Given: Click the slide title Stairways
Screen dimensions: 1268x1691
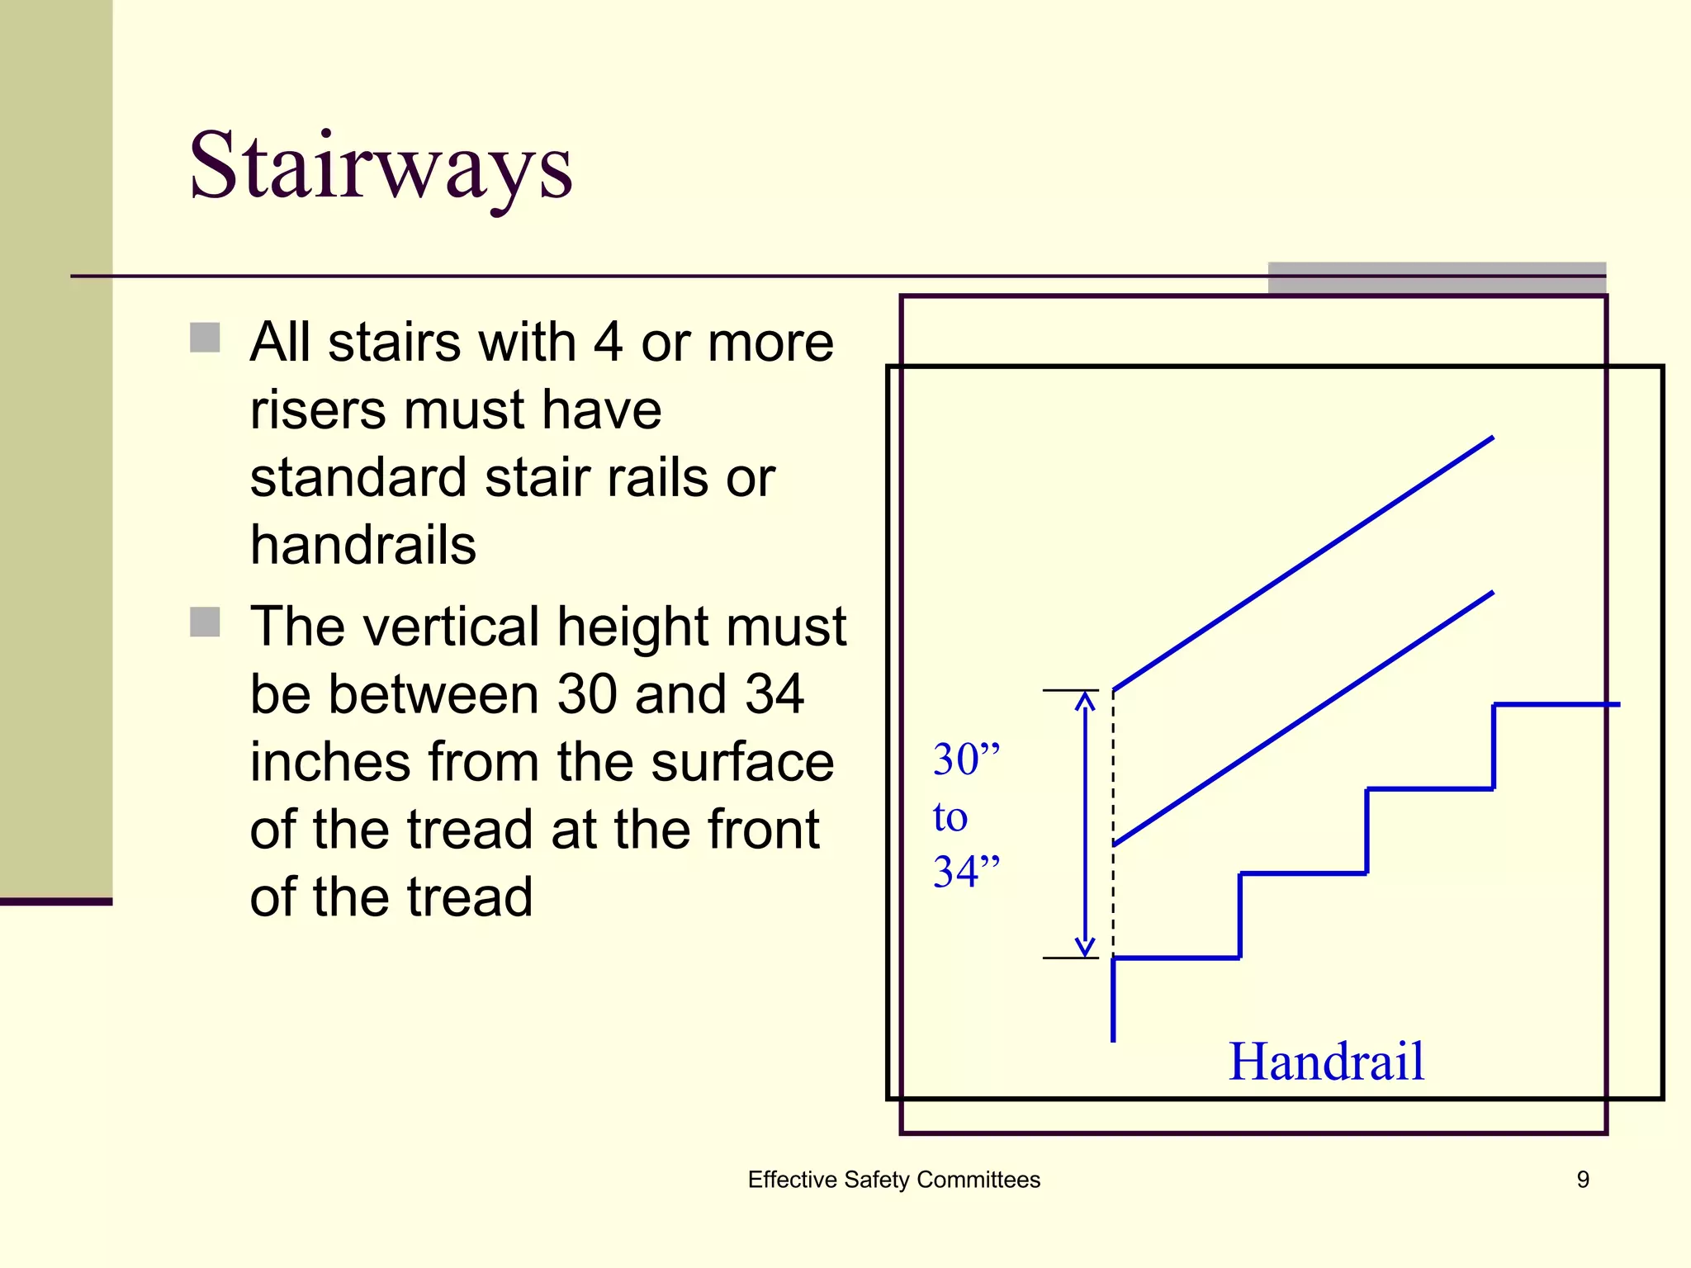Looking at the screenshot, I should click(x=381, y=168).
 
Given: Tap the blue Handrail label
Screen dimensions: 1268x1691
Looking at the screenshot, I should click(x=1326, y=1062).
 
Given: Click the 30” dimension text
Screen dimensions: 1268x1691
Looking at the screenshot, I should click(x=965, y=759).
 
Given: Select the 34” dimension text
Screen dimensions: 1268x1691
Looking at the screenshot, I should click(x=965, y=871).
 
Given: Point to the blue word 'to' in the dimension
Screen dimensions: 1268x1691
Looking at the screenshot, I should click(x=950, y=816).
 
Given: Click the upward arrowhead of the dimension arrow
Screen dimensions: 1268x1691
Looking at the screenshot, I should click(x=1085, y=702).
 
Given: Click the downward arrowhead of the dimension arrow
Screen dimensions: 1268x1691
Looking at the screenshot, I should click(x=1085, y=946).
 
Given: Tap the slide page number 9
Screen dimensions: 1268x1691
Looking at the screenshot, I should click(x=1582, y=1180).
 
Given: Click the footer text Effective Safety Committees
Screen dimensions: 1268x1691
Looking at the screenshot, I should click(x=893, y=1180).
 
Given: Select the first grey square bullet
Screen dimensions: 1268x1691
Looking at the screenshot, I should click(x=205, y=338).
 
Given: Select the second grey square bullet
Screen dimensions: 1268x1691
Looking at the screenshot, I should click(x=205, y=622).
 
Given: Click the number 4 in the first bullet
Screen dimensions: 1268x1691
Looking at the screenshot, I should click(x=608, y=342).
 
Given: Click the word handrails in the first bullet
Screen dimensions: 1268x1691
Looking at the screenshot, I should click(x=363, y=545).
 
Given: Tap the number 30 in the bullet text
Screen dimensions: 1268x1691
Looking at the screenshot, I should click(x=587, y=693).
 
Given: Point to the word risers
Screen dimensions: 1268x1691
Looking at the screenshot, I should click(x=318, y=409).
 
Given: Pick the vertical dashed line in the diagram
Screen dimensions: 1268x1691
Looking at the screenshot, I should click(x=1113, y=826).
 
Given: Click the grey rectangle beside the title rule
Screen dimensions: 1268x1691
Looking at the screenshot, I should click(x=1437, y=278).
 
